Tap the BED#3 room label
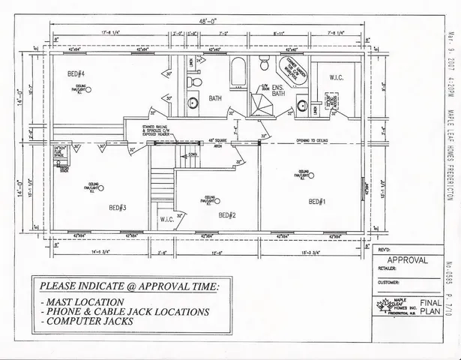tap(117, 208)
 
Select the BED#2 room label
tap(228, 215)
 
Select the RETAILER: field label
tap(388, 273)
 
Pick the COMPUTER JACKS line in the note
tap(100, 322)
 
